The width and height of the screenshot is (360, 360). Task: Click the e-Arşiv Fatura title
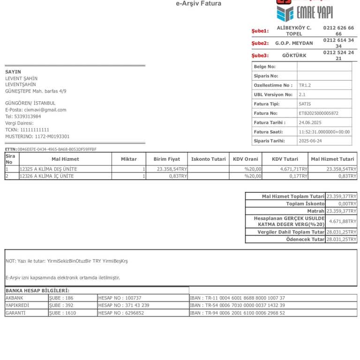[x=199, y=4]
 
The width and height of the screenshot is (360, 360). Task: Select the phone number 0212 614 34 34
[x=338, y=43]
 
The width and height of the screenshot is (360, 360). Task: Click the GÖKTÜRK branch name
[x=294, y=55]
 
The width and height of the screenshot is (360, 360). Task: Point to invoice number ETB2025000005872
[x=318, y=113]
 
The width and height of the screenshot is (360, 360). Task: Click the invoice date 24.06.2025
[x=310, y=122]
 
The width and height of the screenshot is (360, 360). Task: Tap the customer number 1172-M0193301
[x=52, y=136]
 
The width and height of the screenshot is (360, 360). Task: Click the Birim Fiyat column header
[x=166, y=159]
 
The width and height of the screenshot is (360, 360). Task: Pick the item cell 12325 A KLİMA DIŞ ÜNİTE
[x=48, y=169]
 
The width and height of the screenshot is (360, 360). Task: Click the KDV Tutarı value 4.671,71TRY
[x=293, y=169]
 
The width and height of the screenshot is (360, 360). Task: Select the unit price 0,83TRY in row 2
[x=178, y=176]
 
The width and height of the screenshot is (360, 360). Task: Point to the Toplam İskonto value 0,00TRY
[x=347, y=204]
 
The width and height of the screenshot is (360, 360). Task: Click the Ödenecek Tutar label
[x=305, y=239]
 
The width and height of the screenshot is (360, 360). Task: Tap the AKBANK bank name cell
[x=15, y=298]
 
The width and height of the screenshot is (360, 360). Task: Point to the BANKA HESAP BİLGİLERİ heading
[x=37, y=291]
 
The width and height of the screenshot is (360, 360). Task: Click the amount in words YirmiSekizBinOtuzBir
[x=68, y=261]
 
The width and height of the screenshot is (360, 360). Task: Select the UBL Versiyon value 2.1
[x=302, y=95]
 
